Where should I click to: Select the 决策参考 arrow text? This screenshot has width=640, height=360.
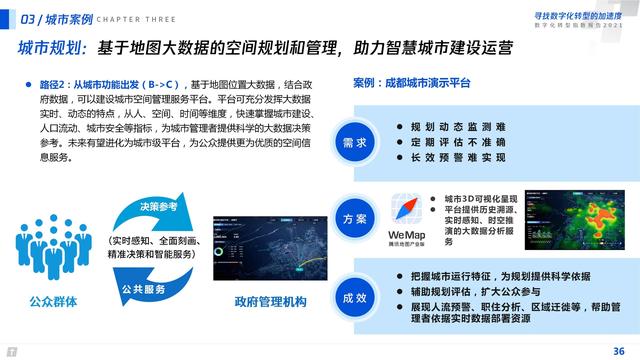tap(158, 207)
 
